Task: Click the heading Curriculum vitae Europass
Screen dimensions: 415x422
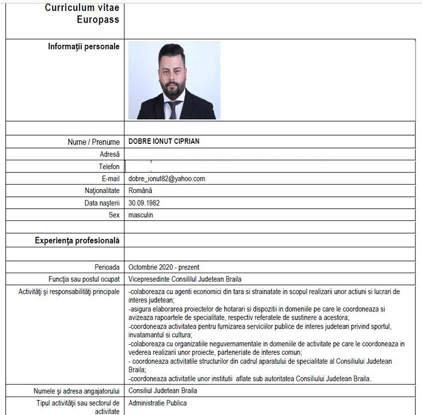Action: (82, 14)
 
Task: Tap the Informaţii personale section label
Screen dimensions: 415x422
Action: (83, 46)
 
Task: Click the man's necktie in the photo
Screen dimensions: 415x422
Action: (172, 108)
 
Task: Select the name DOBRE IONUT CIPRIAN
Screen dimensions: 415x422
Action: (164, 142)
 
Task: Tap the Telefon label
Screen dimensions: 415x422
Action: (109, 167)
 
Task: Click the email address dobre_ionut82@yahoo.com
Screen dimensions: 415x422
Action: (167, 179)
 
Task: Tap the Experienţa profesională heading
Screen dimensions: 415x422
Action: (77, 240)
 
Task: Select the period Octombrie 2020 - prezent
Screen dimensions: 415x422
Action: (164, 267)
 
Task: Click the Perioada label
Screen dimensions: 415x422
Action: (107, 267)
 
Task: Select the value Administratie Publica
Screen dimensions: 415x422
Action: (158, 403)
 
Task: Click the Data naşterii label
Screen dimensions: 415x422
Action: (102, 203)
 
